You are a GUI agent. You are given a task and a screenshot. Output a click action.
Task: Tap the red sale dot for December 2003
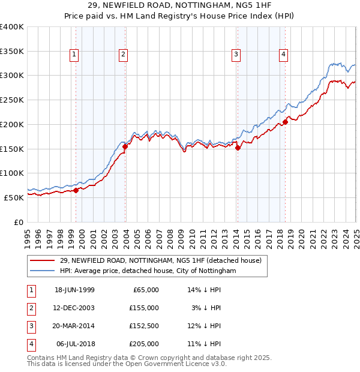tap(125, 146)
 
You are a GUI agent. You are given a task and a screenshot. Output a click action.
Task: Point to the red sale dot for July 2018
tap(286, 122)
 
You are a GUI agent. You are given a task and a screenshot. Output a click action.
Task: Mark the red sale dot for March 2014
tap(238, 148)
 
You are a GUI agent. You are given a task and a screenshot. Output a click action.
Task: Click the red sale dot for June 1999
tap(76, 190)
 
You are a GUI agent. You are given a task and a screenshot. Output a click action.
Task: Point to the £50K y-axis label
tap(14, 197)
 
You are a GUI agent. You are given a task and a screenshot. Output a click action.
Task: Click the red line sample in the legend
tap(42, 261)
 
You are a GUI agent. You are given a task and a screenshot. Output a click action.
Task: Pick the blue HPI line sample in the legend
tap(42, 271)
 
